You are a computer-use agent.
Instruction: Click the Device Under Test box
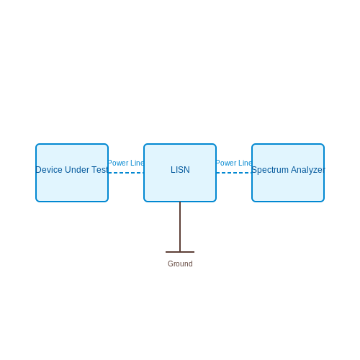[72, 173]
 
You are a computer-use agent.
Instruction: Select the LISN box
[180, 173]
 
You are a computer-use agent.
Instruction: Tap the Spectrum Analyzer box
[288, 173]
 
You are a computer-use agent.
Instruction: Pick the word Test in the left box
[100, 170]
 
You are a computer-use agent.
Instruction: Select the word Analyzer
[308, 170]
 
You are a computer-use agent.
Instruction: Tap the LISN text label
[180, 170]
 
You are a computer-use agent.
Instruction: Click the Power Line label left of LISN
[126, 163]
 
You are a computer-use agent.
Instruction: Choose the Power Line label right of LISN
[234, 163]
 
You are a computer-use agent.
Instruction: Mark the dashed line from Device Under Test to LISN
[126, 173]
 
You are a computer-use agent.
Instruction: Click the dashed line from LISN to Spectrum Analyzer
[234, 173]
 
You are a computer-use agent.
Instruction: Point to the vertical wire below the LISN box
[180, 227]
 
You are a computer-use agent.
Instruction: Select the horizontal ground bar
[180, 252]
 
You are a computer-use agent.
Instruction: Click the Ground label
[180, 264]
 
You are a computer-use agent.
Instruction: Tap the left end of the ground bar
[166, 252]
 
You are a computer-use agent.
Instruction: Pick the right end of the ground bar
[194, 252]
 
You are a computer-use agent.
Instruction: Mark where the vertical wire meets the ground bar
[180, 252]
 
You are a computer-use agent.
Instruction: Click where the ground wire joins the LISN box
[180, 202]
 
